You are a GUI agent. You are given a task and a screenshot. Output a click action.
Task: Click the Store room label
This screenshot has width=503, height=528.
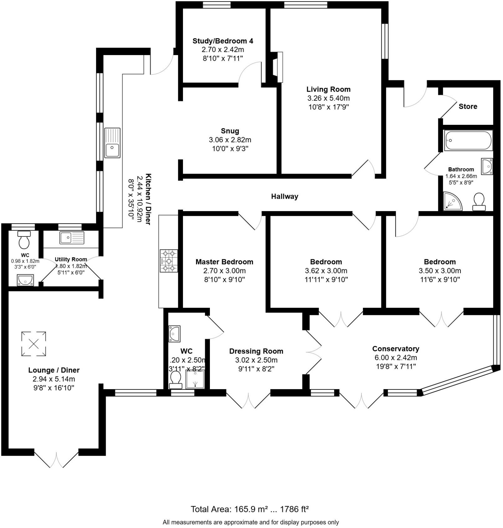tap(468, 106)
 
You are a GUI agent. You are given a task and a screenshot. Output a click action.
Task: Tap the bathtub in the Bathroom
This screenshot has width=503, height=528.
tap(468, 140)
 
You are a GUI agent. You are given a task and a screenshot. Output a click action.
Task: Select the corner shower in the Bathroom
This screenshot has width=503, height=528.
tap(452, 200)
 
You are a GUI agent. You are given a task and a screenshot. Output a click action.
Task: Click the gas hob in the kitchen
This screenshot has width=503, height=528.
tap(169, 261)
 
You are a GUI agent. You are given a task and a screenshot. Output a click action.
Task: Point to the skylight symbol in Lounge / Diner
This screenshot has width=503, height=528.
tap(34, 344)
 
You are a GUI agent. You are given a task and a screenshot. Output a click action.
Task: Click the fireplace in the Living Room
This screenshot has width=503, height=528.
tap(278, 67)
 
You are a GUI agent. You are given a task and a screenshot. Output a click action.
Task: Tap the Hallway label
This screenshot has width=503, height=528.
tap(284, 196)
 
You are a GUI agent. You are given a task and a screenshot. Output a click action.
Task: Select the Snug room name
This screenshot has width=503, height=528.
tap(230, 131)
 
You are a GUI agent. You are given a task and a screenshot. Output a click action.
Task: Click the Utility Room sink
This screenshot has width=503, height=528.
tap(72, 238)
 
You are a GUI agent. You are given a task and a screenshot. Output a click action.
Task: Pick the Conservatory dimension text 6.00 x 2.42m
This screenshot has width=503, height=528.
tap(395, 358)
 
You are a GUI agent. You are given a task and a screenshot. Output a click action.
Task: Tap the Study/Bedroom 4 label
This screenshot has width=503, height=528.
tap(223, 41)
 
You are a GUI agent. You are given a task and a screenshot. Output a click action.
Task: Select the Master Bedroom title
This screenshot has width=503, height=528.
tap(224, 262)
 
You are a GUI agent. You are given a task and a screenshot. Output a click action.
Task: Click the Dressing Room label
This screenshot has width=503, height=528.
tap(256, 351)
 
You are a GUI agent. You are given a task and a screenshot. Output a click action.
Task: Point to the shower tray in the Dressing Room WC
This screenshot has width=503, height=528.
tap(196, 379)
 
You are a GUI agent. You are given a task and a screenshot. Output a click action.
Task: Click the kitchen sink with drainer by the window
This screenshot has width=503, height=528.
tap(112, 143)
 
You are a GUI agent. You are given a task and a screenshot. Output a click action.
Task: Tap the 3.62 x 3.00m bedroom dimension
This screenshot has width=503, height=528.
tap(326, 271)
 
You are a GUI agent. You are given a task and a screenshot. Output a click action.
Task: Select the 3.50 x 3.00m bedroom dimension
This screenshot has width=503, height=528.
tap(440, 271)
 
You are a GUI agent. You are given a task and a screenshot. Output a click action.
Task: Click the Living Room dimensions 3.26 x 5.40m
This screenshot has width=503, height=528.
tap(328, 98)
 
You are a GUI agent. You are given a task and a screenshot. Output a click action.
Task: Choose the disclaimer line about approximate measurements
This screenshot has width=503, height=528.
tap(251, 522)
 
